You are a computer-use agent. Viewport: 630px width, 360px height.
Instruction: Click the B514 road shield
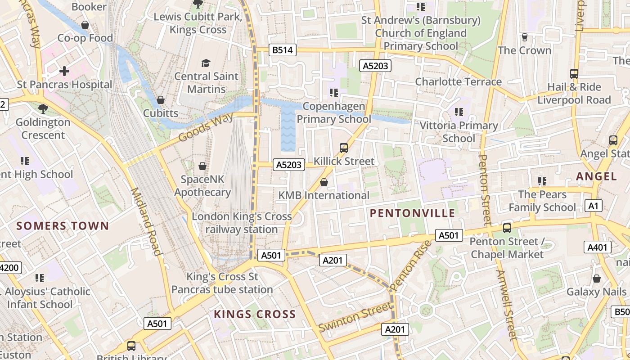coord(283,50)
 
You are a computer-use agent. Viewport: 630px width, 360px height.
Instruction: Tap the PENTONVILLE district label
coord(413,213)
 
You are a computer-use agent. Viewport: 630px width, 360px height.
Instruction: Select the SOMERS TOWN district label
coord(63,226)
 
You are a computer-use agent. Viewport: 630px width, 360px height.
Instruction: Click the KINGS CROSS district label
coord(255,314)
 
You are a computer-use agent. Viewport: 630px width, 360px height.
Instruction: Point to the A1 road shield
coord(594,206)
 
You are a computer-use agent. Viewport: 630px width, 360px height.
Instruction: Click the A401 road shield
coord(598,247)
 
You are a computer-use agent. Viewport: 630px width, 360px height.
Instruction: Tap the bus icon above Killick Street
coord(344,148)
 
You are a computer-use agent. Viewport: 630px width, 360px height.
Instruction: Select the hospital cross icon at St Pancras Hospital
coord(64,71)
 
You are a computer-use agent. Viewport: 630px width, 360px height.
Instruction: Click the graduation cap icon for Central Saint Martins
coord(206,63)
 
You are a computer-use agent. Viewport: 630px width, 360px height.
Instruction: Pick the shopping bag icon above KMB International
coord(324,182)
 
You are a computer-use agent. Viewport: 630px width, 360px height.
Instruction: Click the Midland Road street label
coord(146,221)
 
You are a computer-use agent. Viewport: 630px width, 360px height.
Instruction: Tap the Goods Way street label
coord(206,127)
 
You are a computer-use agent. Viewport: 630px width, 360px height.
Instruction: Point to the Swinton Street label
coord(355,317)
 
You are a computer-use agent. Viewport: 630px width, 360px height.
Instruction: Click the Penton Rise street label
coord(410,266)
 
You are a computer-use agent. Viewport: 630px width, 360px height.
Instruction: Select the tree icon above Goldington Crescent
coord(43,108)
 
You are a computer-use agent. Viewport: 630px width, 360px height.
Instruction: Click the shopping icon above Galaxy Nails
coord(596,279)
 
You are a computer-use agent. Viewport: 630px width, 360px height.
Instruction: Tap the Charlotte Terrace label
coord(458,81)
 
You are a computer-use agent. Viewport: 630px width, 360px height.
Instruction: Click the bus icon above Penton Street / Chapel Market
coord(507,228)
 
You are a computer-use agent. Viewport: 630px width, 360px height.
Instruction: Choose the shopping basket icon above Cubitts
coord(161,100)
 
